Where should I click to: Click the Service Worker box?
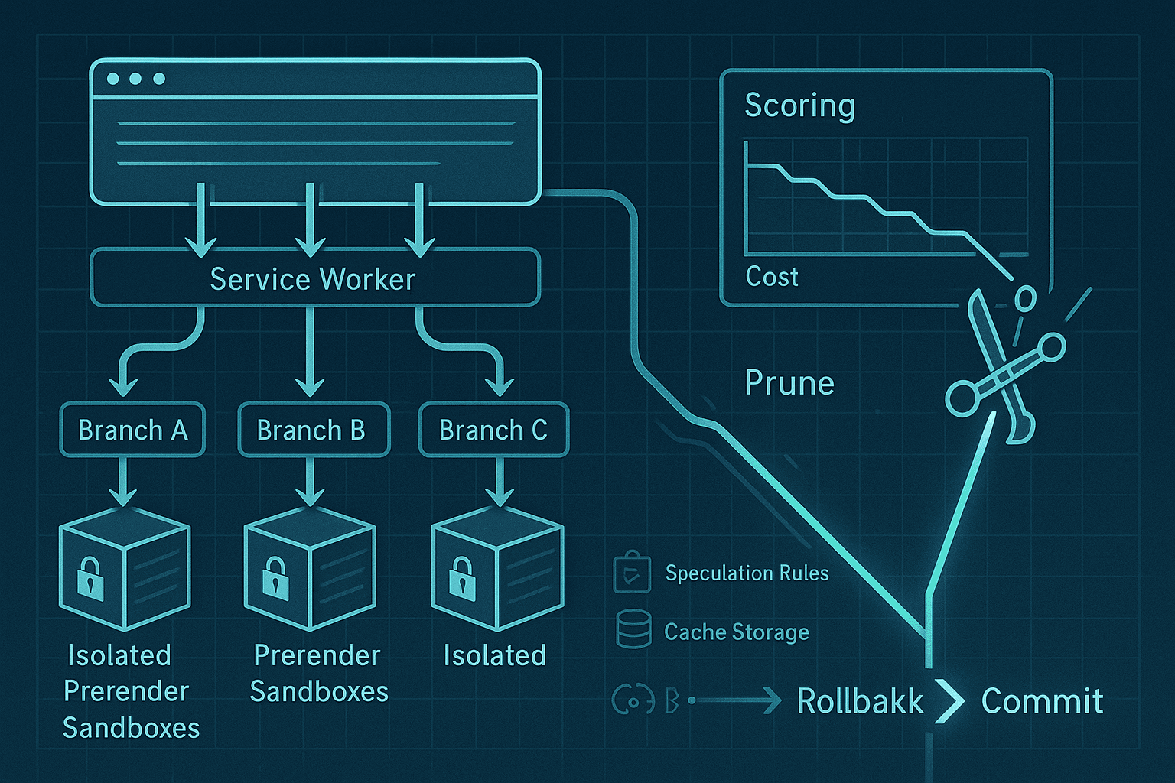click(x=314, y=278)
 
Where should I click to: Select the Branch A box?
click(x=132, y=430)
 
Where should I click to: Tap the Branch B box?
click(x=313, y=430)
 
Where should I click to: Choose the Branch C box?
click(x=493, y=430)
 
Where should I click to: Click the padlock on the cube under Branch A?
click(x=90, y=578)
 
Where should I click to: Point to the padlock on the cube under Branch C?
click(x=461, y=577)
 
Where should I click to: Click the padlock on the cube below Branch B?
click(x=275, y=577)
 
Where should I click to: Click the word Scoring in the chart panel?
click(x=799, y=106)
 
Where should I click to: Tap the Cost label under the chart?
click(x=771, y=277)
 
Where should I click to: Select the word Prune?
click(x=789, y=383)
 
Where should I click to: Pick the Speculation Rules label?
click(x=747, y=573)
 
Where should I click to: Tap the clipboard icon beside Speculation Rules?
click(x=632, y=572)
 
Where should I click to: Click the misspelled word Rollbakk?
click(x=860, y=700)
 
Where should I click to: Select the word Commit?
click(x=1042, y=700)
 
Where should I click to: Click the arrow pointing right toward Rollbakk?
click(x=738, y=700)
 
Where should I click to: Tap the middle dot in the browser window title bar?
click(x=135, y=79)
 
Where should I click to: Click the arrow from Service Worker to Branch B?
click(x=310, y=352)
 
